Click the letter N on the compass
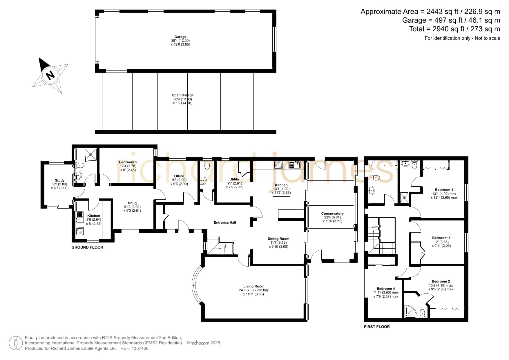pyautogui.click(x=50, y=75)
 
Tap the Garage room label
pyautogui.click(x=180, y=37)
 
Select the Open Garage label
pyautogui.click(x=182, y=95)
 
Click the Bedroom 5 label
pyautogui.click(x=128, y=162)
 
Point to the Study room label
pyautogui.click(x=60, y=180)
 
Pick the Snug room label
pyautogui.click(x=132, y=203)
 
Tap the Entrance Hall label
pyautogui.click(x=225, y=222)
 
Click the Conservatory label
pyautogui.click(x=332, y=214)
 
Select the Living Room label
pyautogui.click(x=254, y=286)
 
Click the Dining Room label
pyautogui.click(x=278, y=239)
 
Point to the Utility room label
pyautogui.click(x=234, y=179)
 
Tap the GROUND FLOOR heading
pyautogui.click(x=87, y=247)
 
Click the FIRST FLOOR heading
pyautogui.click(x=377, y=327)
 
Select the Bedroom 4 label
pyautogui.click(x=386, y=289)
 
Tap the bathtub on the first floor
pyautogui.click(x=383, y=166)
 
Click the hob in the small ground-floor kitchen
pyautogui.click(x=79, y=231)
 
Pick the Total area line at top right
pyautogui.click(x=454, y=29)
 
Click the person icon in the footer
pyautogui.click(x=16, y=343)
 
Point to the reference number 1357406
pyautogui.click(x=140, y=348)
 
